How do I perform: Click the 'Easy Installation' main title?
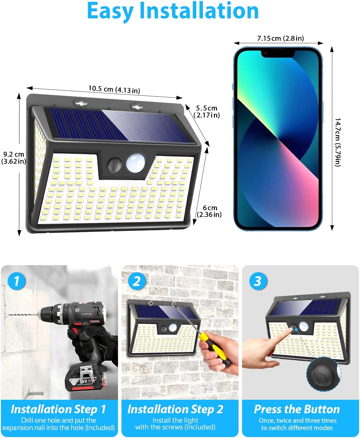[173, 11]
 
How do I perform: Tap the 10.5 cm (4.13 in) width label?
[114, 89]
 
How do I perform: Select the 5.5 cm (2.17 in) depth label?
[207, 112]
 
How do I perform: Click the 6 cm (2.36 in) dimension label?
[209, 211]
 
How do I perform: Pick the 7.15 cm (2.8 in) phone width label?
[281, 38]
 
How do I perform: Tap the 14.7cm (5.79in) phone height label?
[338, 142]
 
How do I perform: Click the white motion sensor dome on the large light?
[136, 163]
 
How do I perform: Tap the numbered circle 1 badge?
[17, 281]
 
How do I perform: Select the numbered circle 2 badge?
[136, 281]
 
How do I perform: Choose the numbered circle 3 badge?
[258, 281]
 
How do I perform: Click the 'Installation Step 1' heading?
[58, 409]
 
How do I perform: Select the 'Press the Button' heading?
[297, 409]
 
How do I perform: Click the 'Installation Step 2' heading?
[175, 409]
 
